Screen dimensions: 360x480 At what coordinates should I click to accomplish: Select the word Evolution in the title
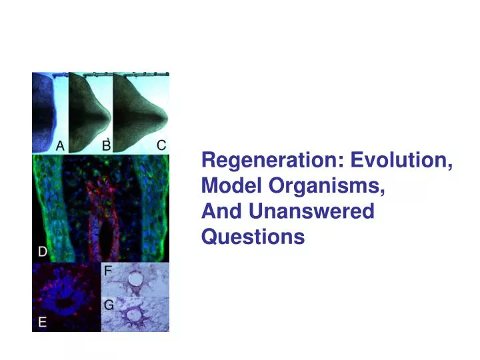pyautogui.click(x=402, y=161)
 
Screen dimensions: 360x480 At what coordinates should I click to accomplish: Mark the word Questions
pyautogui.click(x=253, y=237)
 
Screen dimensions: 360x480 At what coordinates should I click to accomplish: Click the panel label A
pyautogui.click(x=59, y=146)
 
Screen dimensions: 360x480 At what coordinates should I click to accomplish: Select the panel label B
pyautogui.click(x=105, y=145)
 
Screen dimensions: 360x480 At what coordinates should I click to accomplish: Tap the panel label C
pyautogui.click(x=161, y=145)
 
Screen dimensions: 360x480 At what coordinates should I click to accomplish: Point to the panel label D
pyautogui.click(x=41, y=252)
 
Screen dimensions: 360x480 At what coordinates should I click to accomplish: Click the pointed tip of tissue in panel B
pyautogui.click(x=109, y=119)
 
